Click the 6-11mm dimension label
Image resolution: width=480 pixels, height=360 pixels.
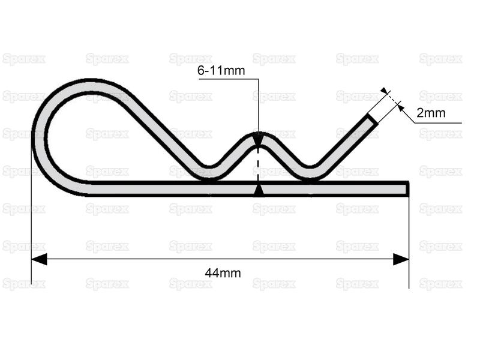tap(221, 71)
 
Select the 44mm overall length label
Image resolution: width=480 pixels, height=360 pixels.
tap(223, 273)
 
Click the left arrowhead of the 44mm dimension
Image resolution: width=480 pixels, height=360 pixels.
tap(39, 259)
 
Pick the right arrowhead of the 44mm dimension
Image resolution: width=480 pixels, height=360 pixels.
tap(401, 259)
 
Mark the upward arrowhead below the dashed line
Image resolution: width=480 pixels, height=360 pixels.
tap(258, 190)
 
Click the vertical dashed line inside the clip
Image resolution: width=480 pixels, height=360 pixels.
tap(258, 165)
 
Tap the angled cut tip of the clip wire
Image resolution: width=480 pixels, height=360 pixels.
tap(372, 119)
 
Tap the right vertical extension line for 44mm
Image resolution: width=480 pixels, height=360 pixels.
tap(409, 240)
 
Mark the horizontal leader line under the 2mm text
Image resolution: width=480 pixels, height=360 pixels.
tap(438, 123)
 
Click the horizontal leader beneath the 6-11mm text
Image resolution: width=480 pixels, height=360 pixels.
tap(228, 78)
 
